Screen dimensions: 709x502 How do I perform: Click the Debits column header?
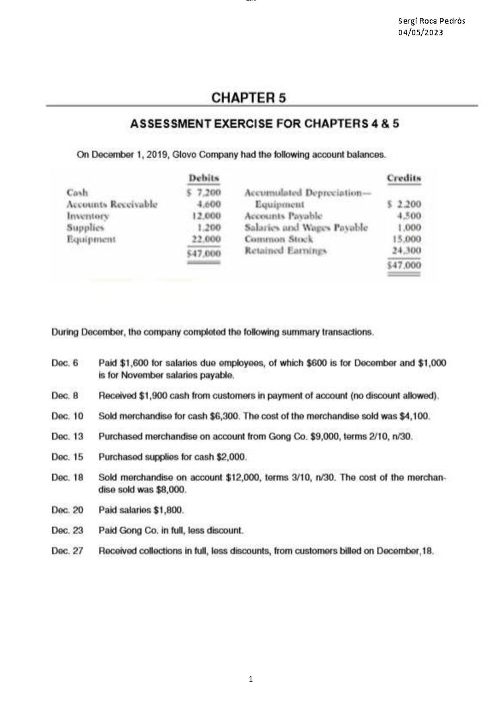tap(204, 178)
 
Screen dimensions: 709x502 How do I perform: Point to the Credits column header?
tap(404, 178)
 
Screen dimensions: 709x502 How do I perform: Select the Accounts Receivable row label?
tap(112, 204)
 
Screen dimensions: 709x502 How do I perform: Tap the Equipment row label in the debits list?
tap(91, 240)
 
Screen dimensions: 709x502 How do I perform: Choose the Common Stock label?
tap(279, 240)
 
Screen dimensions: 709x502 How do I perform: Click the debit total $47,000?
tap(204, 253)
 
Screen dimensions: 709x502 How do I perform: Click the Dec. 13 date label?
tap(67, 436)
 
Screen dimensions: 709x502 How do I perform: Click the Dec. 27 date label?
tap(67, 551)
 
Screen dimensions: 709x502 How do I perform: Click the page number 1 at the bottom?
tap(251, 679)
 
